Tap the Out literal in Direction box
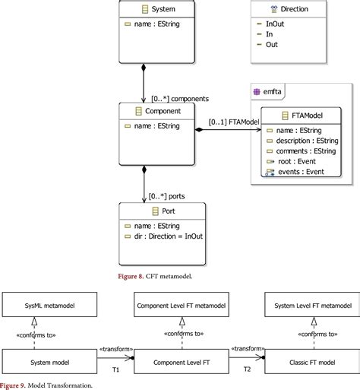[271, 45]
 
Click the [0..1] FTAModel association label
[233, 122]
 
